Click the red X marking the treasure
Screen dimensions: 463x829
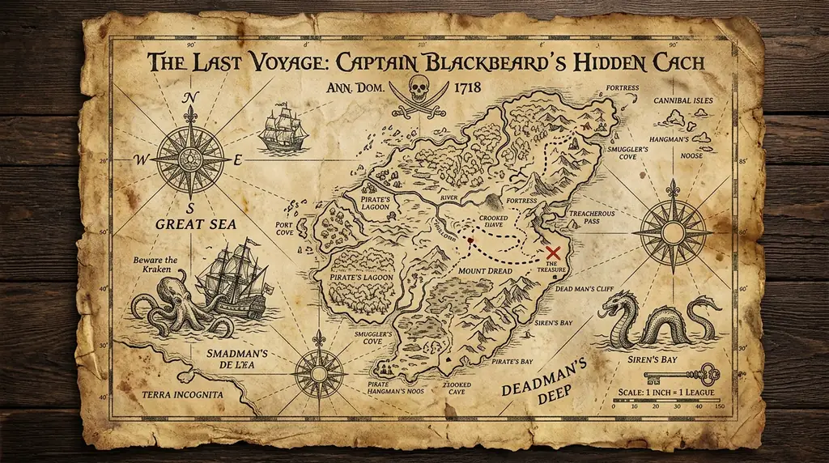click(555, 253)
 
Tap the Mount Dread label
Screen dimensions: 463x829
click(485, 270)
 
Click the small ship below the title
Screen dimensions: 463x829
click(283, 128)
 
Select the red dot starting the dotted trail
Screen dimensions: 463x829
click(470, 240)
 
